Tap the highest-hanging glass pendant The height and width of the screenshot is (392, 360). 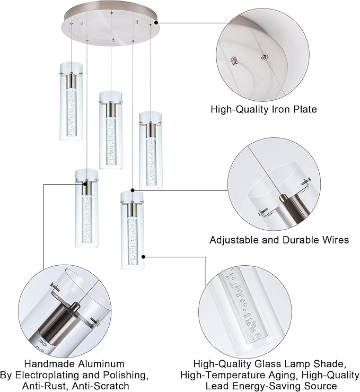pos(71,101)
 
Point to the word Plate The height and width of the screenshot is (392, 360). pos(302,110)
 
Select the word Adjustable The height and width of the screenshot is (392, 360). pos(233,240)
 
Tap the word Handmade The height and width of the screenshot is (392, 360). pos(46,364)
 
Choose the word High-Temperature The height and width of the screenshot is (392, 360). pos(236,375)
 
